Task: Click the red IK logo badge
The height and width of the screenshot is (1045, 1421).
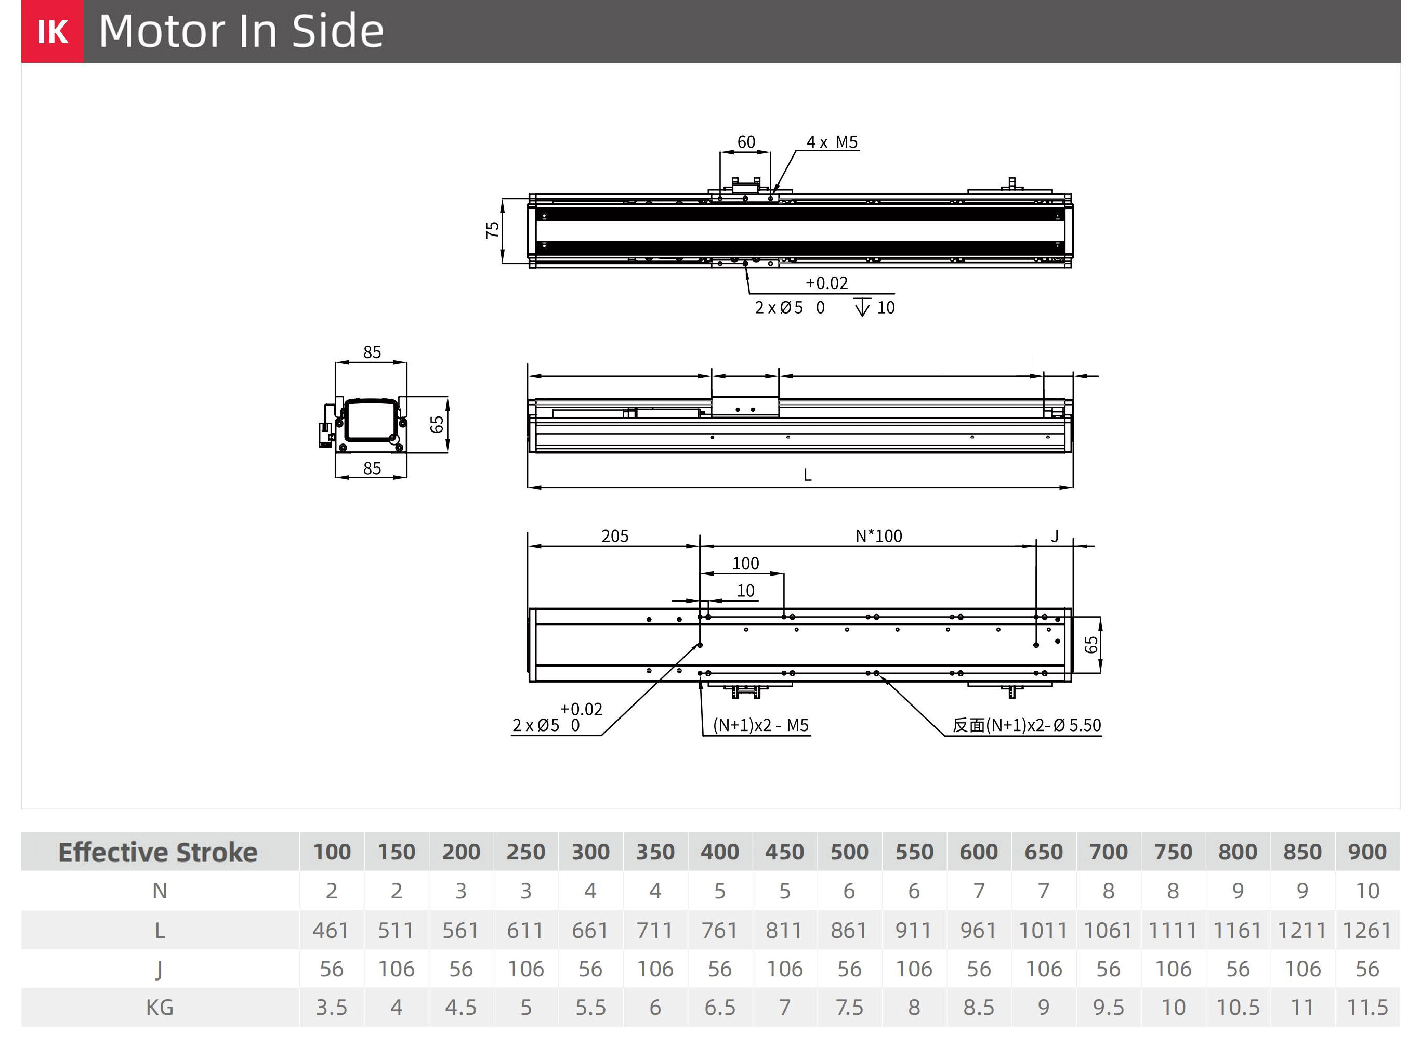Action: point(52,31)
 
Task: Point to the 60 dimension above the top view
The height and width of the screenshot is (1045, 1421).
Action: point(746,142)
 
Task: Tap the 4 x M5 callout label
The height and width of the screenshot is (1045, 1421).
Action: point(832,142)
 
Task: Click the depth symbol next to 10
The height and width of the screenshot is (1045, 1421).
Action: point(862,307)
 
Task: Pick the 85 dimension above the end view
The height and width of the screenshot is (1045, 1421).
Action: point(372,352)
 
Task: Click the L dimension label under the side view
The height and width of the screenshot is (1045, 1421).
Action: point(808,475)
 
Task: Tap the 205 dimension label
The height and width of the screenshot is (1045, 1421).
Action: point(615,537)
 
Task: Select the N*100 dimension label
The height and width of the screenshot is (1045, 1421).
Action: point(878,537)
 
